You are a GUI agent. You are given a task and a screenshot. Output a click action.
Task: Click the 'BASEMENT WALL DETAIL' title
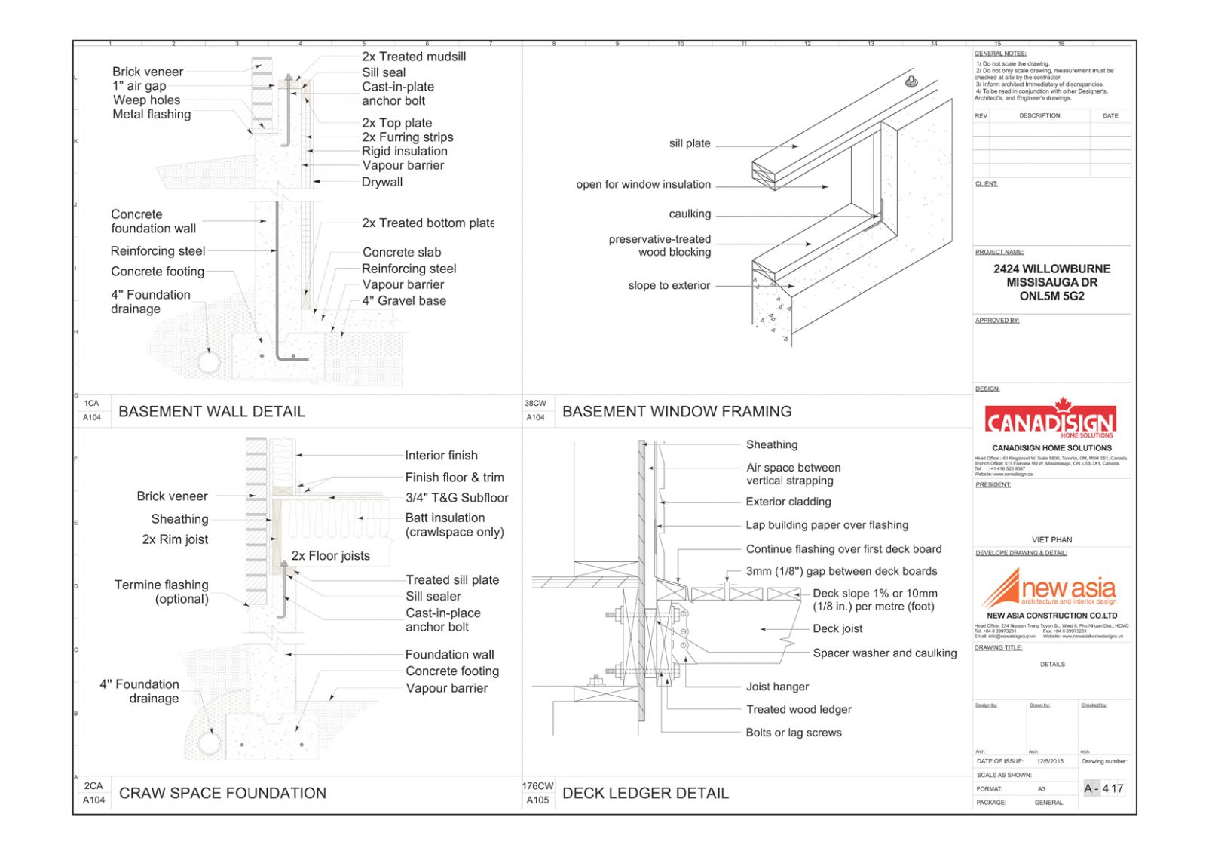click(x=212, y=412)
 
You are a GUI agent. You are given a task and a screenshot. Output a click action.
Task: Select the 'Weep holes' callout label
click(x=147, y=100)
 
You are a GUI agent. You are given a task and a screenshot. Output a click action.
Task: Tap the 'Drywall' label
click(x=382, y=182)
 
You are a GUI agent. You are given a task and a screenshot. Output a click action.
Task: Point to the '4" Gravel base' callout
click(x=404, y=300)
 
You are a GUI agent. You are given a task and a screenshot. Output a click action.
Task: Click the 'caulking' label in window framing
click(x=690, y=213)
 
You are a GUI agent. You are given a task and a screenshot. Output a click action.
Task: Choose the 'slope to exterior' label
click(x=669, y=285)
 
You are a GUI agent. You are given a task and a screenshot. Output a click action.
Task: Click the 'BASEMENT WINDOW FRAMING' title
click(x=677, y=412)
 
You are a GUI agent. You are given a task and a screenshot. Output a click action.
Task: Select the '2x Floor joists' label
click(x=331, y=556)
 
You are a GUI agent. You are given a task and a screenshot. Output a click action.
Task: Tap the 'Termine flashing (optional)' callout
click(x=162, y=591)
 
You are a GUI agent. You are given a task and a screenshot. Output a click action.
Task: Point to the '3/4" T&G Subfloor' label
click(x=457, y=498)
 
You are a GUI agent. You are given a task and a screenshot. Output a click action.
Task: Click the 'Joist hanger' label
click(x=777, y=687)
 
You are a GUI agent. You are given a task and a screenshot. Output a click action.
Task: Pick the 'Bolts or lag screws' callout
click(x=794, y=733)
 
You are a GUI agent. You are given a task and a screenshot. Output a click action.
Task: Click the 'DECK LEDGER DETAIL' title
click(x=645, y=794)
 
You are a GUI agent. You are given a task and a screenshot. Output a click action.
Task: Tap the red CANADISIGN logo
click(x=1050, y=419)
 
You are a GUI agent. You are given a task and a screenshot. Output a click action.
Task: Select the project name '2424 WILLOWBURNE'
click(x=1051, y=269)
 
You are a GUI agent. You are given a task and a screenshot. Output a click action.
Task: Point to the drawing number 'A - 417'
click(x=1103, y=788)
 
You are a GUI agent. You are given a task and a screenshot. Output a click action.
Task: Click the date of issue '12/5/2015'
click(x=1050, y=761)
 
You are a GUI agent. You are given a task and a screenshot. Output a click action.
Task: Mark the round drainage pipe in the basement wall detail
click(x=209, y=362)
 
